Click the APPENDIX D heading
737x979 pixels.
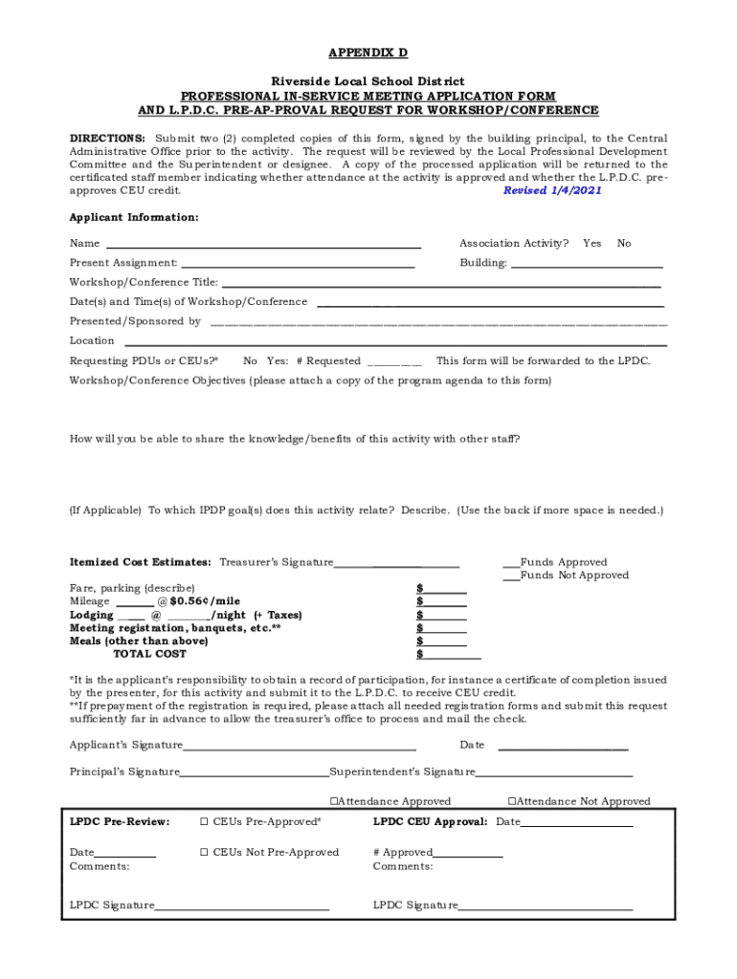click(368, 53)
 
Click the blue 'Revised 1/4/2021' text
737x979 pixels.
click(552, 190)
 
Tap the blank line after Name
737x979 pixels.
click(262, 245)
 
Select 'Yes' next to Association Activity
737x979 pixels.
click(592, 244)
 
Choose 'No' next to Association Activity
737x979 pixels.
click(624, 244)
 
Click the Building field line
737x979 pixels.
click(587, 264)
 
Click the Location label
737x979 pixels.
click(92, 340)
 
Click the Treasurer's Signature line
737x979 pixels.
click(396, 564)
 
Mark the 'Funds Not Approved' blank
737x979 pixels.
click(512, 577)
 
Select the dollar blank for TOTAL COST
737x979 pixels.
click(453, 656)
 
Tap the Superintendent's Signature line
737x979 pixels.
click(554, 773)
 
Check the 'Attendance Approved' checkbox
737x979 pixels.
click(334, 802)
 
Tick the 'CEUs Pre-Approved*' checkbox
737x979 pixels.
click(204, 822)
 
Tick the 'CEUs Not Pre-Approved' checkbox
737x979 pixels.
click(204, 853)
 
